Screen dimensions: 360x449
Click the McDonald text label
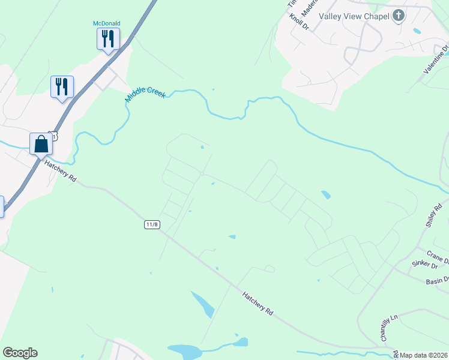(107, 23)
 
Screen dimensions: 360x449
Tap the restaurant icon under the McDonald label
(108, 39)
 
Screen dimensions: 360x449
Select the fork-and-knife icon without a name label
(62, 86)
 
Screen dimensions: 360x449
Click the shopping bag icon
(41, 143)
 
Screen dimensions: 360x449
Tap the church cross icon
(398, 16)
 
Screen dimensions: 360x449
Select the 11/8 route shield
(152, 224)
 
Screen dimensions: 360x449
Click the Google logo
(20, 353)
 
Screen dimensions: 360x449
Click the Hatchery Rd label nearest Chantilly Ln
(258, 304)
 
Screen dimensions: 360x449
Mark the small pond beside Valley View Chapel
(417, 31)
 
